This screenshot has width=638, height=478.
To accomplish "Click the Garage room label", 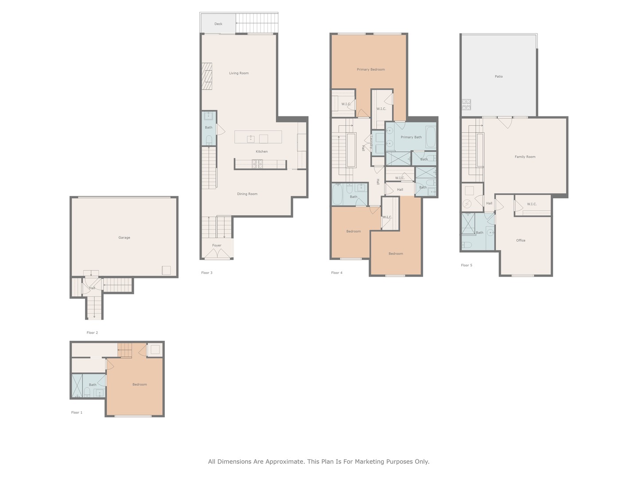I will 124,238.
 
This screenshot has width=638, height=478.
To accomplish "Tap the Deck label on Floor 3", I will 218,24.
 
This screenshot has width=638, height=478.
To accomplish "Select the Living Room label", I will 239,73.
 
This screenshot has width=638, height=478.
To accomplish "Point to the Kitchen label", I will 261,151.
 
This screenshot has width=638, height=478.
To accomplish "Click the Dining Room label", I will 247,194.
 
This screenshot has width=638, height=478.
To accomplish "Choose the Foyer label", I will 217,245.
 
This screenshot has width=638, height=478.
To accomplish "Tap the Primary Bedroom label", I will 371,69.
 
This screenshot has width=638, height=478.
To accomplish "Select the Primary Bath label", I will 411,137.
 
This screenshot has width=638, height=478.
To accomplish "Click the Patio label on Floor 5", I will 499,77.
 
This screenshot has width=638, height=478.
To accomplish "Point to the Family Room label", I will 525,157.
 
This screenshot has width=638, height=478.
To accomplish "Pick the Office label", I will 521,240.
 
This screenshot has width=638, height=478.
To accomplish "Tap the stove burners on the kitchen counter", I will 257,164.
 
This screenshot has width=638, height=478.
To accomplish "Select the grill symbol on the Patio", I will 466,104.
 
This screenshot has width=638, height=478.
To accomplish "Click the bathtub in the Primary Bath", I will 430,137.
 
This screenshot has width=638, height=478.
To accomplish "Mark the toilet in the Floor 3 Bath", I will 209,140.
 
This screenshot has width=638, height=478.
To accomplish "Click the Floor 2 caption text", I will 92,332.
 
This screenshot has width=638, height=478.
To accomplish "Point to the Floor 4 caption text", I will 337,273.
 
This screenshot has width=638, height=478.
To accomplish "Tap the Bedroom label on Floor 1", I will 140,384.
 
